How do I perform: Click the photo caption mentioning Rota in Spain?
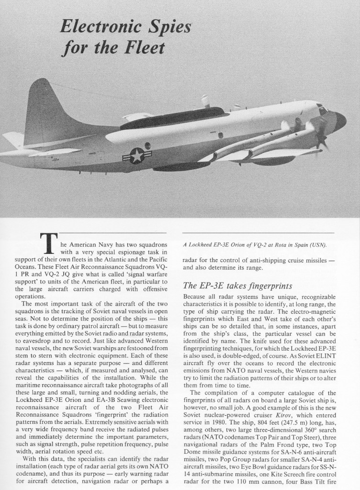(254, 246)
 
